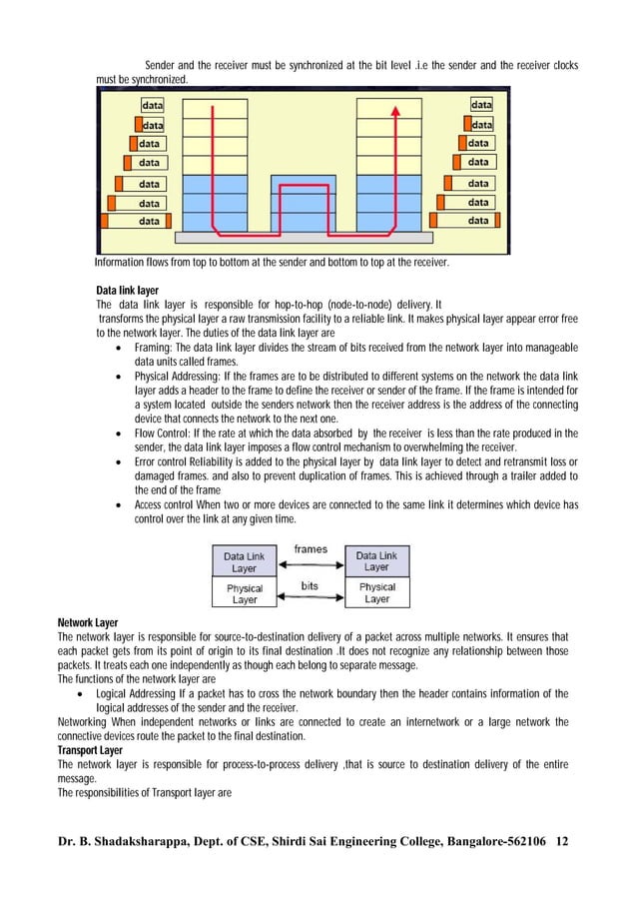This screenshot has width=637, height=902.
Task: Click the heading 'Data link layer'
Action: [127, 289]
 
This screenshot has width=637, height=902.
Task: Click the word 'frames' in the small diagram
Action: [310, 549]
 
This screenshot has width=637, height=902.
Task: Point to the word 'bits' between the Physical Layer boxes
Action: [310, 586]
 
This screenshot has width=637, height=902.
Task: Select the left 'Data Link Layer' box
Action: [245, 561]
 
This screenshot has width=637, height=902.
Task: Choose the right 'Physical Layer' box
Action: [377, 593]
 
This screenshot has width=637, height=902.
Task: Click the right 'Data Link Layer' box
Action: [377, 561]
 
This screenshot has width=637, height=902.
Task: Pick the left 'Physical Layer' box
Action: [245, 593]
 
